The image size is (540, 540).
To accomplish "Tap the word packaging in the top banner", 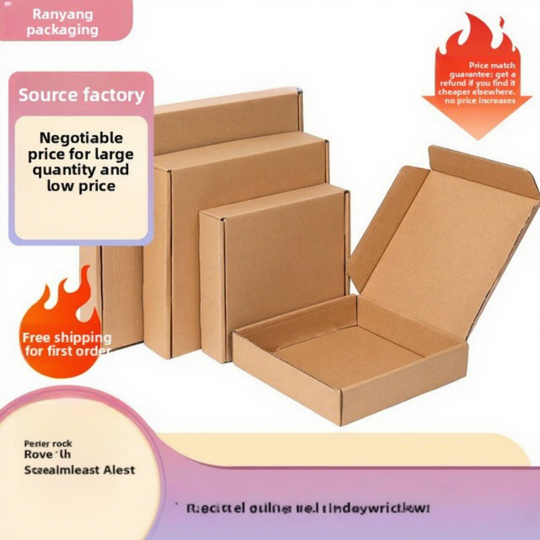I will pos(62,30).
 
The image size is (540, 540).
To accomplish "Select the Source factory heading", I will pos(81,95).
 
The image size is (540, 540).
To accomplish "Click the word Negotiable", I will pos(81,138).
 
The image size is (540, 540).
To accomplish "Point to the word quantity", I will pos(64,170).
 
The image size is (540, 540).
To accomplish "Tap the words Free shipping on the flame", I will pos(66,338).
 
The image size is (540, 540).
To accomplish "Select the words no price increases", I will pos(480,101).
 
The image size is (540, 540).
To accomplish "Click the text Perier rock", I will pos(48,444).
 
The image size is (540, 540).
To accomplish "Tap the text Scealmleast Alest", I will pos(79,470).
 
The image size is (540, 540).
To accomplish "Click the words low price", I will pos(80,186).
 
